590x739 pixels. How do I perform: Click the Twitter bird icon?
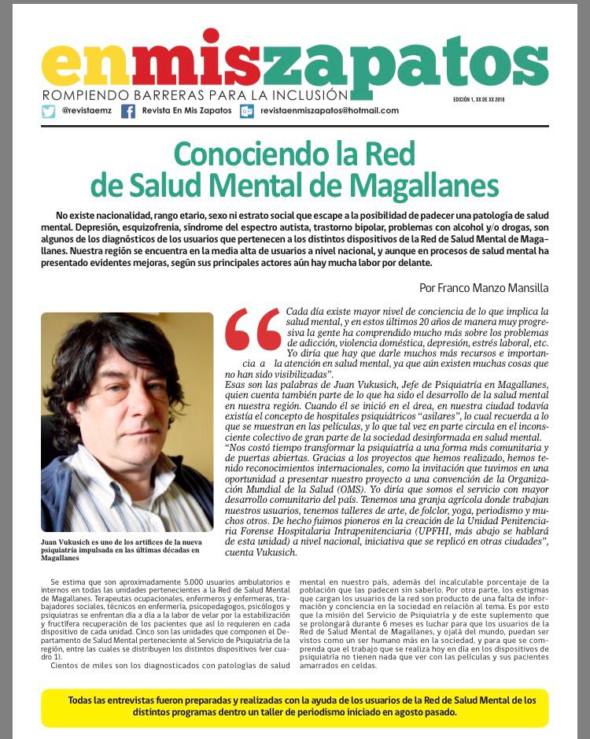(49, 111)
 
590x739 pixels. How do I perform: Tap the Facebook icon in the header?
(128, 111)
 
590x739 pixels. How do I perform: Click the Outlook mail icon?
(247, 111)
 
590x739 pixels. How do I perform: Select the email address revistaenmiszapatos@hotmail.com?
(330, 111)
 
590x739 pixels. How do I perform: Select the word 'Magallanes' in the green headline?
(425, 187)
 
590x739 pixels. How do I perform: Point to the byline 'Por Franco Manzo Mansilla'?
(484, 288)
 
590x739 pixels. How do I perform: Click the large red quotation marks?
(253, 329)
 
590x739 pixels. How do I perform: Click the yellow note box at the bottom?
(294, 708)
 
